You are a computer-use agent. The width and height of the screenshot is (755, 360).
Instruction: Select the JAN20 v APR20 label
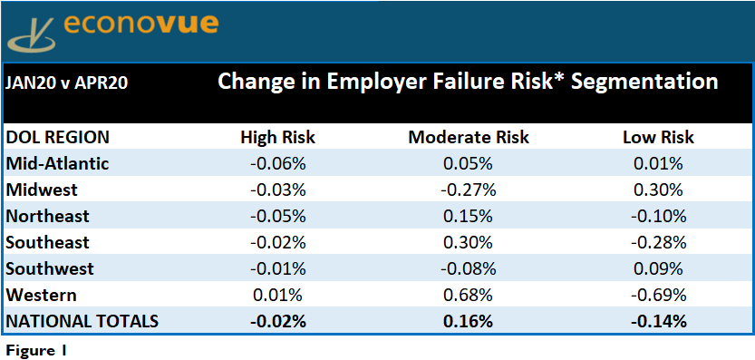[x=66, y=83]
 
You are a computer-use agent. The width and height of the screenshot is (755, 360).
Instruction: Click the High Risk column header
[x=278, y=138]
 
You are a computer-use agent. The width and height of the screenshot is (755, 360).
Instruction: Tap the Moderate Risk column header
[x=469, y=138]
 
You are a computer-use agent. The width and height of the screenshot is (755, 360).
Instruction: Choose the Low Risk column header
[x=659, y=138]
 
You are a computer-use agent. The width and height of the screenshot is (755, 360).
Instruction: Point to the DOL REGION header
[x=57, y=138]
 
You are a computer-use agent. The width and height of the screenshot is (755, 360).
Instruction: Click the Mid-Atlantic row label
[x=57, y=164]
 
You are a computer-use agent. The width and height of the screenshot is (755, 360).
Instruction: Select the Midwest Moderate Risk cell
[x=469, y=190]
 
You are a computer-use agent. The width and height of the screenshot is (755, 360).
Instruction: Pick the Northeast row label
[x=47, y=216]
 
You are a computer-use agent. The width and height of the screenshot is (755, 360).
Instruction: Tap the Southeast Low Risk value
[x=659, y=242]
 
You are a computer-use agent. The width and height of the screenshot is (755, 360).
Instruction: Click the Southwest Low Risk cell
[x=659, y=268]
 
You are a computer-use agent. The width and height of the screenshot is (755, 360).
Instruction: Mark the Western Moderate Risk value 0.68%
[x=469, y=295]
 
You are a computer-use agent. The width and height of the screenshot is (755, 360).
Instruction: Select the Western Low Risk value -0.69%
[x=659, y=295]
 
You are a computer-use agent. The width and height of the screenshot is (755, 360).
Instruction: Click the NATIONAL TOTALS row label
[x=82, y=321]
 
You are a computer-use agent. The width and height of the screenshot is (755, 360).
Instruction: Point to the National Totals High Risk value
[x=278, y=321]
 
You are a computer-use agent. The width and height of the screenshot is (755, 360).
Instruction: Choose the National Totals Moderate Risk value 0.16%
[x=469, y=321]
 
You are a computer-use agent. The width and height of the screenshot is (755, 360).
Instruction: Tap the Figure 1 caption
[x=35, y=351]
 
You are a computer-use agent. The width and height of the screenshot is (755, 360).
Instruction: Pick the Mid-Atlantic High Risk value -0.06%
[x=278, y=164]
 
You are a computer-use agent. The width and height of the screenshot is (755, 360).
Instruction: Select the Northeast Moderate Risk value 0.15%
[x=469, y=216]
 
